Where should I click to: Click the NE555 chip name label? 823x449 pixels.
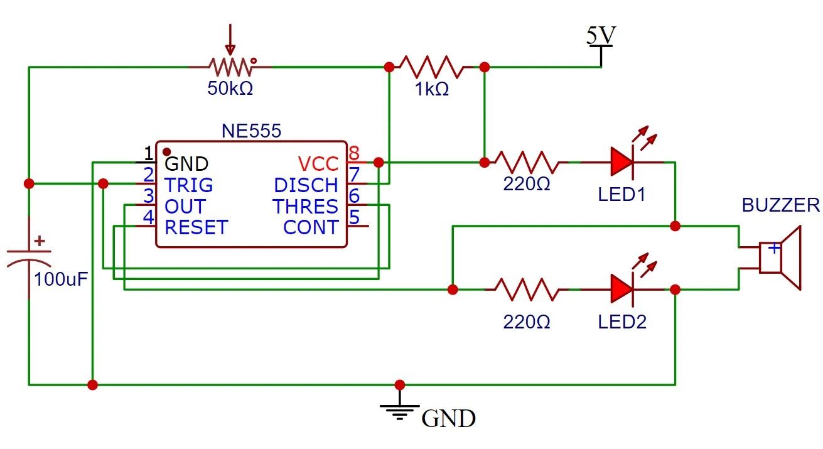(x=251, y=131)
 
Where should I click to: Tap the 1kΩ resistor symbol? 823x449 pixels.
(x=431, y=67)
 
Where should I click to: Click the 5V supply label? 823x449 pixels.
(x=600, y=36)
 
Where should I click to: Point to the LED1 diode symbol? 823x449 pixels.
(x=621, y=162)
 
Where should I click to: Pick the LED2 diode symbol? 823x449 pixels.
(x=621, y=289)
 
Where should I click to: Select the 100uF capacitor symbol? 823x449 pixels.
(x=29, y=259)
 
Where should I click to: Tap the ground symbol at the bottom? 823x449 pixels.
(x=399, y=409)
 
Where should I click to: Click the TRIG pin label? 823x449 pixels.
(x=188, y=185)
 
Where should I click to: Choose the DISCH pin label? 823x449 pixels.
(x=306, y=185)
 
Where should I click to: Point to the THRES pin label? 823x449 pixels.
(x=305, y=206)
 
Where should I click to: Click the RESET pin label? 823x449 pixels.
(x=196, y=227)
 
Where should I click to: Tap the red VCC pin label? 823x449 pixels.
(x=318, y=164)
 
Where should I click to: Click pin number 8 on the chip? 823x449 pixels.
(x=353, y=153)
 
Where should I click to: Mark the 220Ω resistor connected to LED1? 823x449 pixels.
(x=525, y=162)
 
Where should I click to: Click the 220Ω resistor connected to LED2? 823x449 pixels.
(x=525, y=289)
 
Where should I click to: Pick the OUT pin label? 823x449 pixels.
(x=185, y=206)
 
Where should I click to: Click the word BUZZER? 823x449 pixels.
(x=780, y=205)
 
